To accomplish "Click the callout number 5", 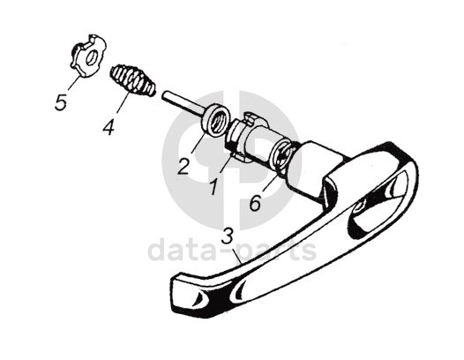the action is coord(61,102).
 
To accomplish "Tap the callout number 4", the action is coord(109,126).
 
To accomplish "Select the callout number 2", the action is coord(183,167).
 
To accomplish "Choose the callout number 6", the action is coord(255,203).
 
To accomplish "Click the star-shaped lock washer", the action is coord(88,56).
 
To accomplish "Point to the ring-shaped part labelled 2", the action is coord(215,121).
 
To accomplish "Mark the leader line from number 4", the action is coord(123,102).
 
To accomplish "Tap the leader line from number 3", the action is coord(237,255).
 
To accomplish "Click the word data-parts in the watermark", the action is coord(232,251).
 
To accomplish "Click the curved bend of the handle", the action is coord(402,166).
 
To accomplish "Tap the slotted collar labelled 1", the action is coord(240,135).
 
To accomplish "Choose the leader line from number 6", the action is coord(269,184).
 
